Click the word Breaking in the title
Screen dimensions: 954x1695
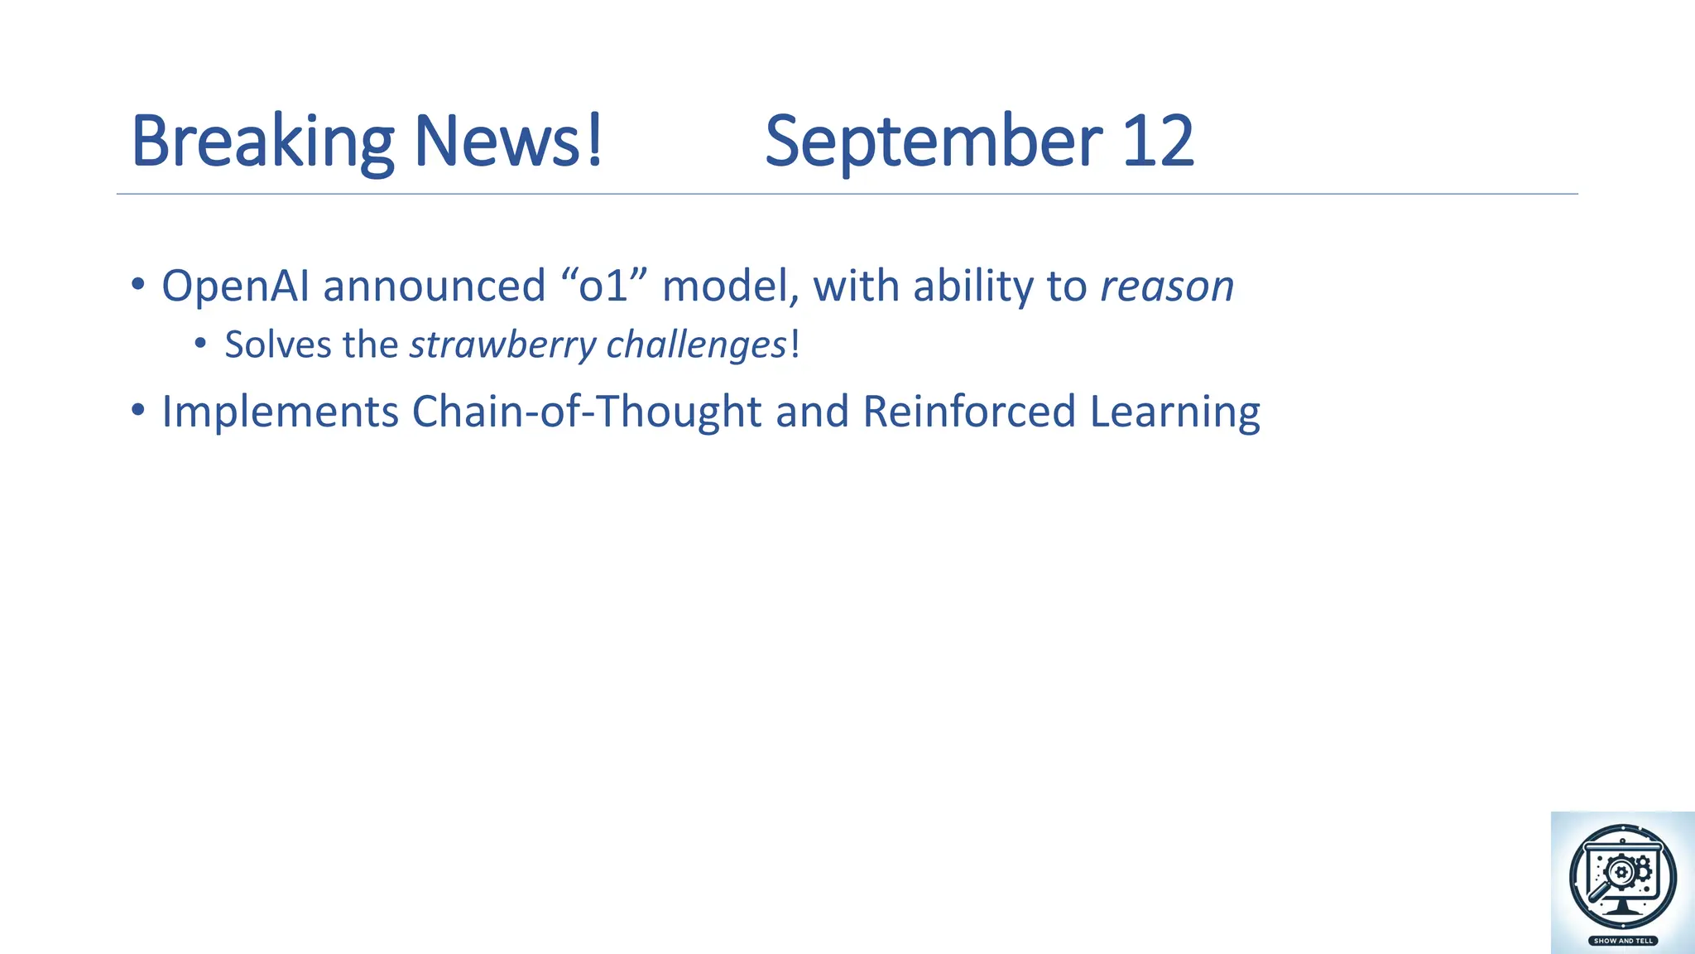point(262,142)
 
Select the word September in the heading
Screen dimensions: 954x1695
point(933,142)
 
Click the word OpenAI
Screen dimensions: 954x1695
point(235,287)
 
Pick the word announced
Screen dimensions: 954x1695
point(434,287)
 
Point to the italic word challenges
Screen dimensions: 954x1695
point(696,345)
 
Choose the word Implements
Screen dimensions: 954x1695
point(280,412)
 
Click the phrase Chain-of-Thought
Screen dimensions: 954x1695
point(586,412)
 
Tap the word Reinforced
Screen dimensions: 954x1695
point(968,412)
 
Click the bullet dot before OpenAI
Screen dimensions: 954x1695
point(138,284)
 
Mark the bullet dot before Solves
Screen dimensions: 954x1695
point(200,343)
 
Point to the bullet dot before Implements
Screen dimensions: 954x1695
point(138,409)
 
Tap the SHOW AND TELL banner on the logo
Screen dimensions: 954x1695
point(1623,941)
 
